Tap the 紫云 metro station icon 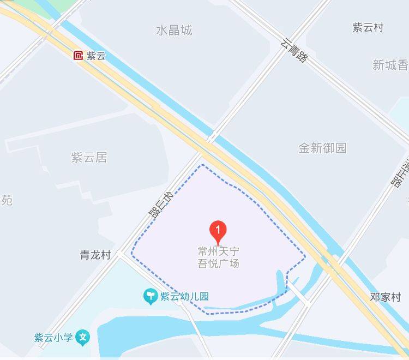click(79, 55)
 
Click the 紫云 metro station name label click(96, 56)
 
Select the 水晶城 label click(174, 31)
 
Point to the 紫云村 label click(368, 28)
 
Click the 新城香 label click(390, 65)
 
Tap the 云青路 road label click(294, 50)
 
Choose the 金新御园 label click(322, 148)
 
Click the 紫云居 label click(89, 158)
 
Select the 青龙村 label click(95, 255)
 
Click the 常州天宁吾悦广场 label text click(218, 257)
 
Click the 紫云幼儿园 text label click(184, 297)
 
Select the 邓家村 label click(385, 297)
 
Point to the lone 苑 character click(7, 200)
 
